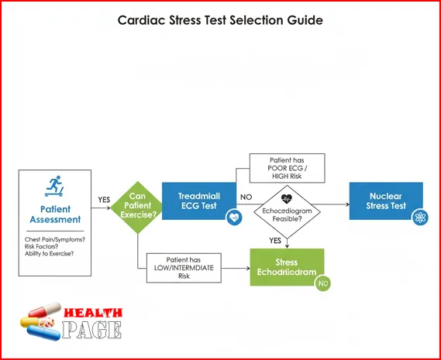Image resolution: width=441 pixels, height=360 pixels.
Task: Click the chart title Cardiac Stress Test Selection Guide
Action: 220,20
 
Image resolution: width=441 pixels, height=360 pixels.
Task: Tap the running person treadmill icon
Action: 53,187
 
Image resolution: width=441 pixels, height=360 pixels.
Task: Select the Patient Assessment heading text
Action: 53,214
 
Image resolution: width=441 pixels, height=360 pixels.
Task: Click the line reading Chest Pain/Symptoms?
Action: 55,239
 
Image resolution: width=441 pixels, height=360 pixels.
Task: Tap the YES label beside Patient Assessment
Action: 104,200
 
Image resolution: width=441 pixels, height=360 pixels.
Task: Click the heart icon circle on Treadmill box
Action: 233,219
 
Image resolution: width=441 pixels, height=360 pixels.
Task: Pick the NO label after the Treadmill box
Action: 246,197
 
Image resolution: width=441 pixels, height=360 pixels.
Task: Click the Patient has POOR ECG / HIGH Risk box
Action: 286,168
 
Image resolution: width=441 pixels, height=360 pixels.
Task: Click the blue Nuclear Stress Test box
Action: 386,201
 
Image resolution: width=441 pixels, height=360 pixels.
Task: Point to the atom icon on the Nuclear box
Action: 420,218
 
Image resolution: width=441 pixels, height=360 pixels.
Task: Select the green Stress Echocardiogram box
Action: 286,267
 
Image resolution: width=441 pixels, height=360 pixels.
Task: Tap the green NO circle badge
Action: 322,284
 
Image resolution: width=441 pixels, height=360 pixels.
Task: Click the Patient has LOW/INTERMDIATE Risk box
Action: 184,267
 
